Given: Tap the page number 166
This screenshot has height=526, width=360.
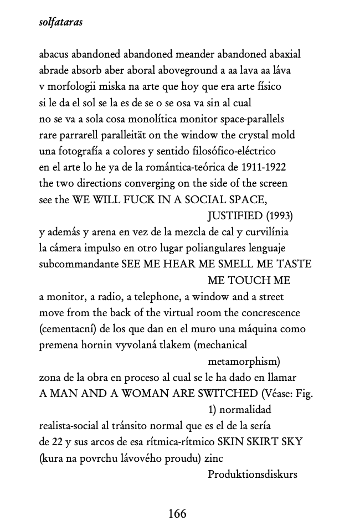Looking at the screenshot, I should (177, 513).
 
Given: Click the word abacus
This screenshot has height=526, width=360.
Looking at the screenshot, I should (55, 54).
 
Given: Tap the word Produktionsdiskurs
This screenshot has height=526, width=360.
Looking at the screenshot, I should (252, 474).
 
